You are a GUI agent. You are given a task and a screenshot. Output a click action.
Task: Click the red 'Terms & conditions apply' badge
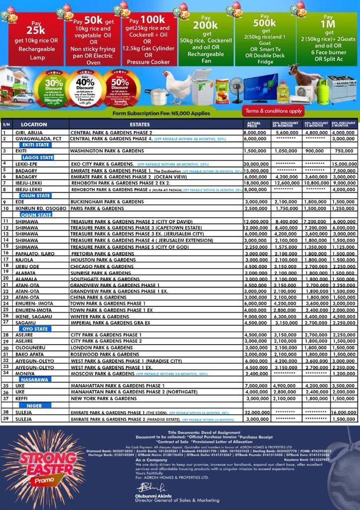click(274, 111)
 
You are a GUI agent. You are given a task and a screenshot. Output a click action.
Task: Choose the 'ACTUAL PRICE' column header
click(254, 124)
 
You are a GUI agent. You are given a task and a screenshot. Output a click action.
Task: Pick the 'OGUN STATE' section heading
click(36, 215)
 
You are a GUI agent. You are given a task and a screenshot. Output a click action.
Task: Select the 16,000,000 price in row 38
click(344, 412)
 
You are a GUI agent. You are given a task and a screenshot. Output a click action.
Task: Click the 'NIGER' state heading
click(34, 405)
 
